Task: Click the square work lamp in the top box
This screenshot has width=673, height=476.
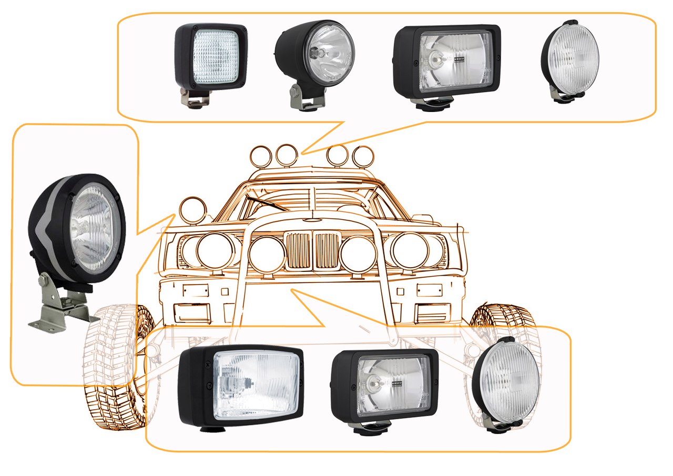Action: point(211,58)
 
